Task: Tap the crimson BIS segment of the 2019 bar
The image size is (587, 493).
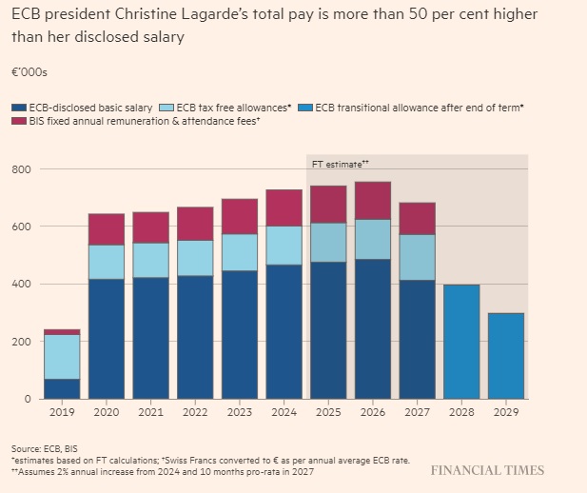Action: (x=62, y=332)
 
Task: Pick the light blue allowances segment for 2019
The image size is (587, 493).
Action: (x=62, y=357)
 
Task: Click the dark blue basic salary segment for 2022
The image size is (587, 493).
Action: (x=195, y=337)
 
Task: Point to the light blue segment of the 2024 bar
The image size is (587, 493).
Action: (x=284, y=245)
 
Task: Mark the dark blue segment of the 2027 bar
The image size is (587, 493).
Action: (x=417, y=339)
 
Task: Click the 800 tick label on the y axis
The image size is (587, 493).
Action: (x=21, y=169)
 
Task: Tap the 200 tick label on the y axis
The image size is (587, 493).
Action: (x=21, y=341)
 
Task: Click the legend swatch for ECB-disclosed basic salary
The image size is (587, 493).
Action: (x=18, y=107)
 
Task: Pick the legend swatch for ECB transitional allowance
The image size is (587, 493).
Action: (x=304, y=107)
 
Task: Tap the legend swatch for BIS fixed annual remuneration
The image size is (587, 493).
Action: (x=18, y=122)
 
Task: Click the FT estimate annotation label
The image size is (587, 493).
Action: (x=340, y=164)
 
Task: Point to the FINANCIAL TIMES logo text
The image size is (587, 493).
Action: (x=487, y=470)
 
